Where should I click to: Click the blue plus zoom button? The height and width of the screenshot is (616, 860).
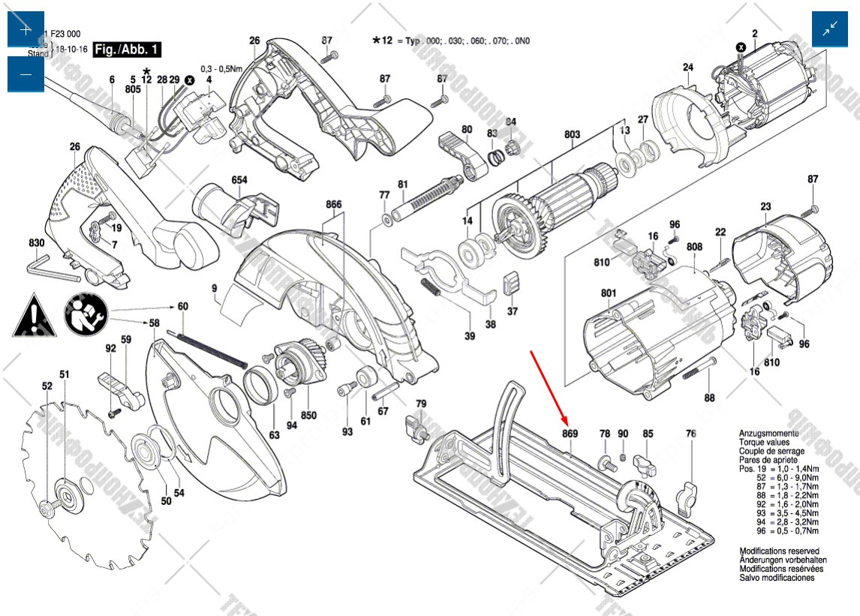[26, 30]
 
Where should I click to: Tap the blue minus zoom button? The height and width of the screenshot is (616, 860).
[26, 74]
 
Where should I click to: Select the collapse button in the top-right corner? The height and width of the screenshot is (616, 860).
[830, 30]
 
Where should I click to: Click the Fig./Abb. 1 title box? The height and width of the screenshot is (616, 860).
[127, 50]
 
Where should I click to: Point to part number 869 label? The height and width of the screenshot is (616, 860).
[570, 434]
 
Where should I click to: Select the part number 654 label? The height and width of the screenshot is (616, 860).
[239, 180]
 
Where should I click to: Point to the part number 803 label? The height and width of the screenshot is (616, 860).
[573, 135]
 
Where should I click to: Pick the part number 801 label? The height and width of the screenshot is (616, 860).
[608, 293]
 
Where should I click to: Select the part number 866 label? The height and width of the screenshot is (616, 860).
[334, 205]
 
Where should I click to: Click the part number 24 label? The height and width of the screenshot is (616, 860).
[687, 68]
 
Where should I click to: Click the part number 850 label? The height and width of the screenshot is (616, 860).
[308, 415]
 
